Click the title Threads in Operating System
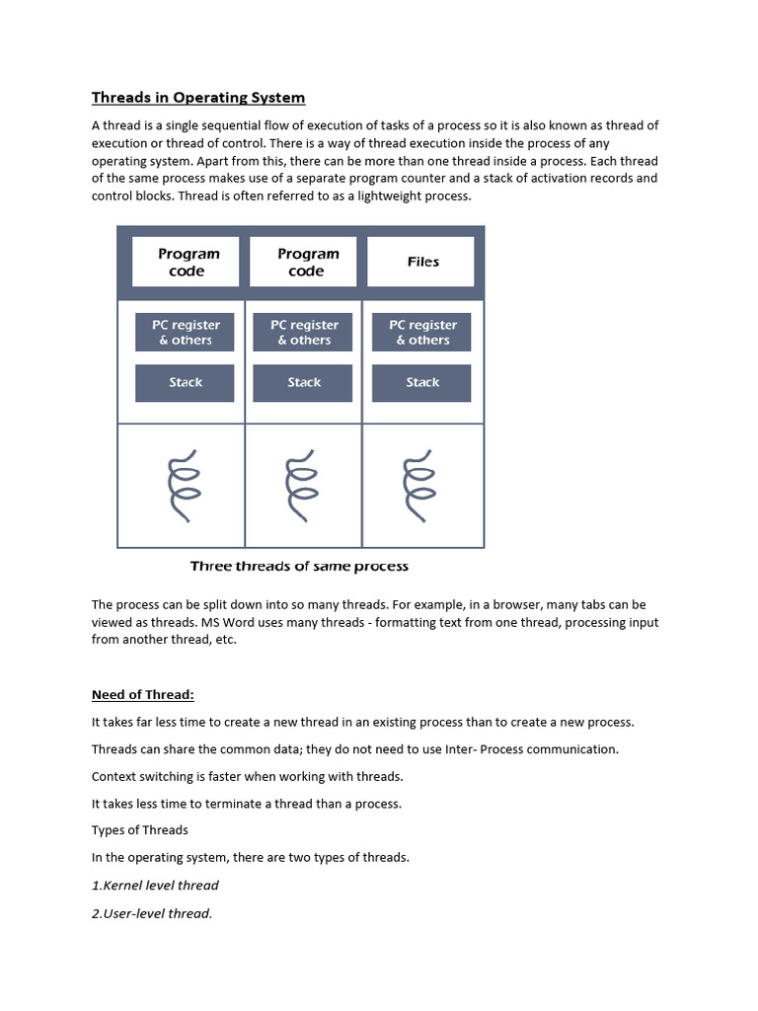coord(198,97)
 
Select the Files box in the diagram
coord(422,262)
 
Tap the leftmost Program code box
coord(187,262)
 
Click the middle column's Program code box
coord(305,262)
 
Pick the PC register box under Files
coord(421,333)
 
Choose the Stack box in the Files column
coord(421,383)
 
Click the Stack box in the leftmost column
coord(185,383)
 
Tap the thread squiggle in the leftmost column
coord(184,485)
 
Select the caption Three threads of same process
coord(299,566)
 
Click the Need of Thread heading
coord(150,694)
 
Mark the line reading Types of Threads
coord(139,830)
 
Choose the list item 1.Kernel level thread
coord(155,885)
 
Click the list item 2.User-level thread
coord(152,913)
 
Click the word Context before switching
coord(115,776)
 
